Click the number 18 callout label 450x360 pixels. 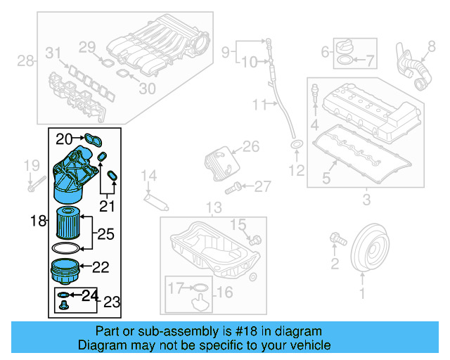(x=38, y=221)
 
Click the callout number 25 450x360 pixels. (x=105, y=233)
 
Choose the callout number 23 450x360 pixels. (x=112, y=302)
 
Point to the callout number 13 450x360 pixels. (x=213, y=208)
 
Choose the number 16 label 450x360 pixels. (x=224, y=292)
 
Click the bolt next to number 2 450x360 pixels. (x=336, y=239)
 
